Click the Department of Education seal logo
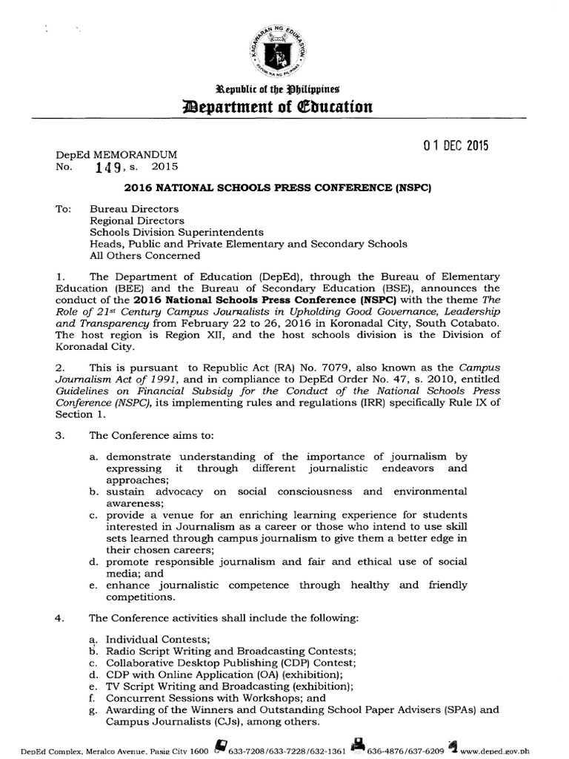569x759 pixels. pos(284,50)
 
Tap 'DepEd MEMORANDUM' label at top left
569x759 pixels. pos(117,155)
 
